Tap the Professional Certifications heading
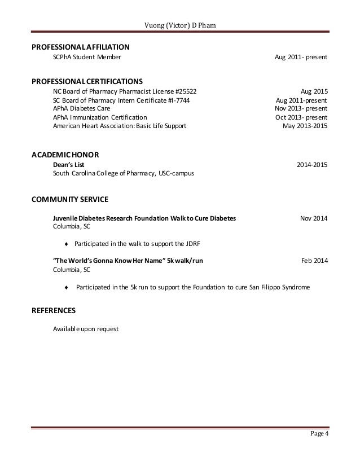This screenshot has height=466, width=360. click(86, 80)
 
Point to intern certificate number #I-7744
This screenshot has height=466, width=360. click(182, 100)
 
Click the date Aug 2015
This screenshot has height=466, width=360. click(314, 91)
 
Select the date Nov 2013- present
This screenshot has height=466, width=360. click(301, 108)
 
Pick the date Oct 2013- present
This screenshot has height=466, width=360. click(302, 117)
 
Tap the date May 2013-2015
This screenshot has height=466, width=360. click(305, 126)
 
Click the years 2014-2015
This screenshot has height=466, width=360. click(312, 164)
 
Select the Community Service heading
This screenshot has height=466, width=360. click(70, 199)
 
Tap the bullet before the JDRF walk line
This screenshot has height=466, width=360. click(67, 244)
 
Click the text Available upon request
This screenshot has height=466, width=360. click(85, 329)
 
